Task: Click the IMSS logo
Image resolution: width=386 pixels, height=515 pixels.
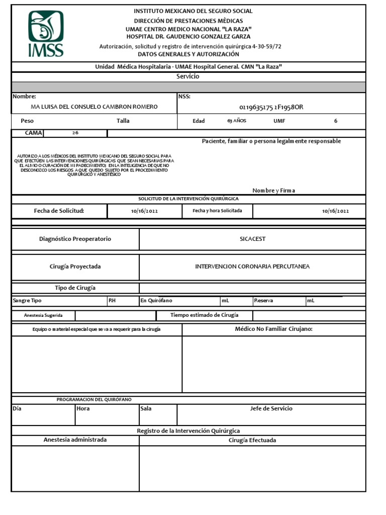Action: click(45, 34)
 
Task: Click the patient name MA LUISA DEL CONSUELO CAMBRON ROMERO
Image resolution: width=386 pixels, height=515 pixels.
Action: click(94, 107)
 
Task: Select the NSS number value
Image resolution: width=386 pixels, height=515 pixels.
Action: click(271, 107)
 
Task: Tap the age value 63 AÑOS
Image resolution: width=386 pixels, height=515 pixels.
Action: click(236, 121)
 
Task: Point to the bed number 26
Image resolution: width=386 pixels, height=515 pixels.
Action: click(75, 133)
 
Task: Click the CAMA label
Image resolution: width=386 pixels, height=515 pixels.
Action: click(28, 133)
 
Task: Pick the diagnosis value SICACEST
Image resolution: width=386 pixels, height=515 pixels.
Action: click(252, 239)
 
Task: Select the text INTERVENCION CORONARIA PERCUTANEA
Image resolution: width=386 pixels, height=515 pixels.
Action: click(252, 267)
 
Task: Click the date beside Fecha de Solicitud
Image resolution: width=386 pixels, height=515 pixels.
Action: click(144, 211)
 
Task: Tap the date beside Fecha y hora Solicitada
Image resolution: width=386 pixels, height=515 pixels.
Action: click(335, 211)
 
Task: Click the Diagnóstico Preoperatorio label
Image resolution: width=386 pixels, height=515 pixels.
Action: click(75, 239)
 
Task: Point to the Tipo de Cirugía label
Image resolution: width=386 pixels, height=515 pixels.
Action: click(75, 288)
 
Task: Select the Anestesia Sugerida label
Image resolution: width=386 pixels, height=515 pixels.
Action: click(43, 315)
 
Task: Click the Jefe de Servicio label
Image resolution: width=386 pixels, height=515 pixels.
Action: click(271, 409)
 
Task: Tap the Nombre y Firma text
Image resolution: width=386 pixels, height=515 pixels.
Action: click(274, 191)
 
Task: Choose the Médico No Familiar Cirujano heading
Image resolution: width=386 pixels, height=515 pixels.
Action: click(274, 329)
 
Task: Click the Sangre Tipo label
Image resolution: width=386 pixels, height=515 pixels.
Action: click(27, 301)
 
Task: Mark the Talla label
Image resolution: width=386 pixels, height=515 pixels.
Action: click(123, 121)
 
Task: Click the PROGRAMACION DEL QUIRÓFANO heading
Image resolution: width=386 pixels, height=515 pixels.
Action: click(94, 399)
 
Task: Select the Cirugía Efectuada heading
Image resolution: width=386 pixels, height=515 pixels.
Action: click(252, 441)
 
